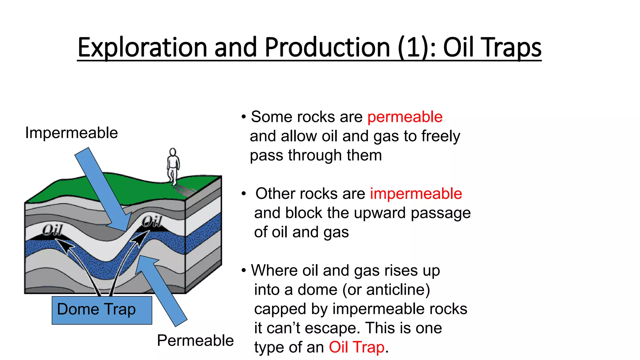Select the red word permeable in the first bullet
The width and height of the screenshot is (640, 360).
(405, 117)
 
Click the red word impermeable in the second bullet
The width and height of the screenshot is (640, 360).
(416, 194)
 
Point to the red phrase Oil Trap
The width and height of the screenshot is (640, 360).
(356, 347)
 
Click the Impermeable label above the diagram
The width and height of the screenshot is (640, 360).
(71, 133)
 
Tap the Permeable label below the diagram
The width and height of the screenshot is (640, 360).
(195, 340)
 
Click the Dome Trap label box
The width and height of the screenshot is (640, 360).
(102, 310)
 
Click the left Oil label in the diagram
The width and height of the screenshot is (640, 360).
(52, 230)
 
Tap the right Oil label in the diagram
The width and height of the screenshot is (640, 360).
(152, 221)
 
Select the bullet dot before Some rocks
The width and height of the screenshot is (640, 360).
(243, 117)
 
